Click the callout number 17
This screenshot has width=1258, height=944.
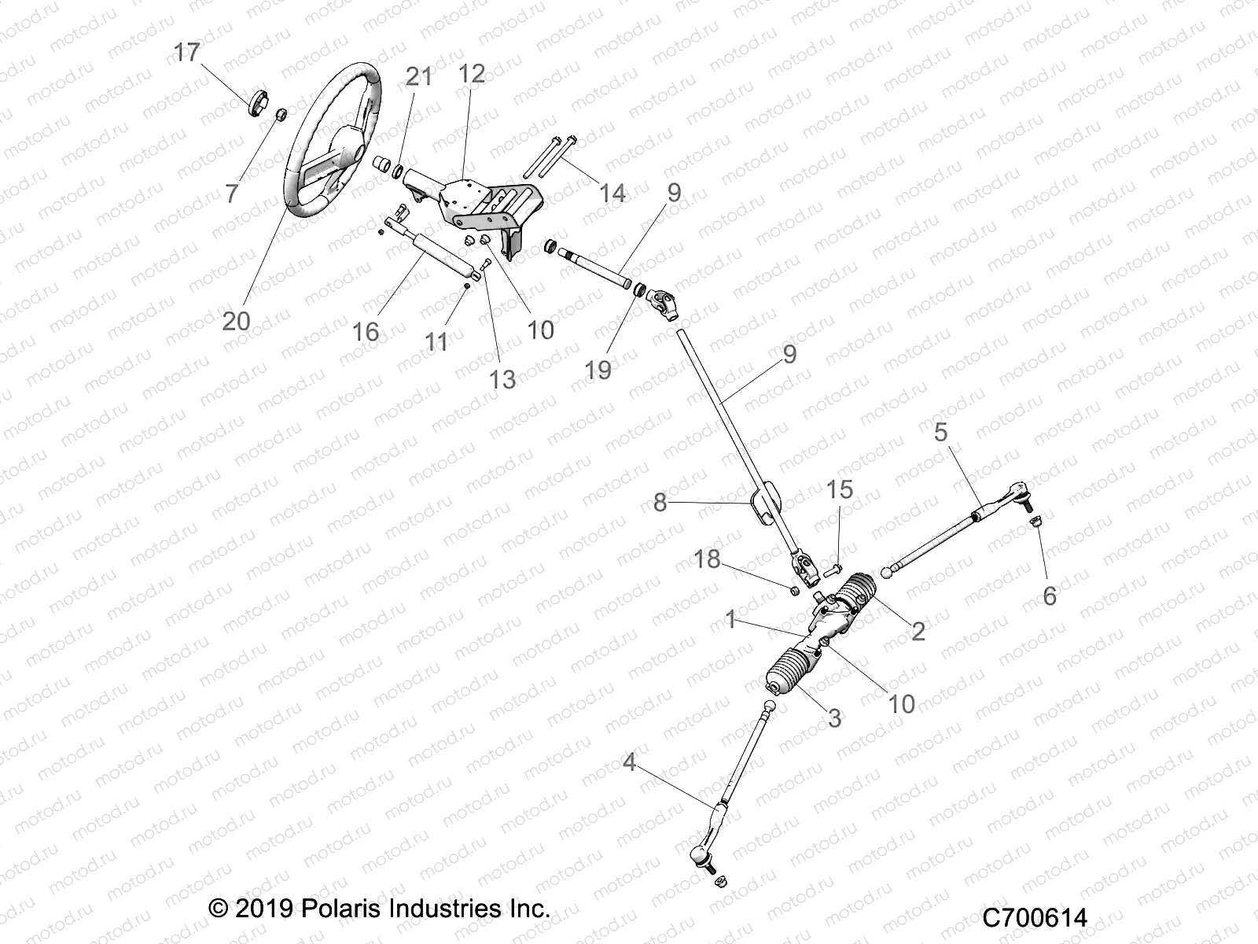(x=187, y=53)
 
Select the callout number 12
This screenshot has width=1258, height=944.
(x=472, y=74)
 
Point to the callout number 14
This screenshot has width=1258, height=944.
(x=612, y=193)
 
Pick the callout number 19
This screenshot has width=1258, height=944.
(x=598, y=370)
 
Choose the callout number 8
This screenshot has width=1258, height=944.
(x=660, y=502)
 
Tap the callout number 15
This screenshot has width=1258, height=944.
(x=840, y=489)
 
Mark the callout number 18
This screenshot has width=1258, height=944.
(x=707, y=559)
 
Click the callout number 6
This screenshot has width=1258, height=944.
(x=1049, y=596)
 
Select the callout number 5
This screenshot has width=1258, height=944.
(x=941, y=432)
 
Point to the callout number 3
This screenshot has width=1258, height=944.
(x=834, y=717)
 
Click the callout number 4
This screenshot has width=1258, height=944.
(x=629, y=762)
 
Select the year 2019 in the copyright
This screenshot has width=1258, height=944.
(x=261, y=909)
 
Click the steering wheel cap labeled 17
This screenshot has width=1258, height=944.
(x=259, y=105)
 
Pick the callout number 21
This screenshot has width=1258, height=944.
(x=419, y=77)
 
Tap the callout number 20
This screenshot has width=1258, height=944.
(x=237, y=320)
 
